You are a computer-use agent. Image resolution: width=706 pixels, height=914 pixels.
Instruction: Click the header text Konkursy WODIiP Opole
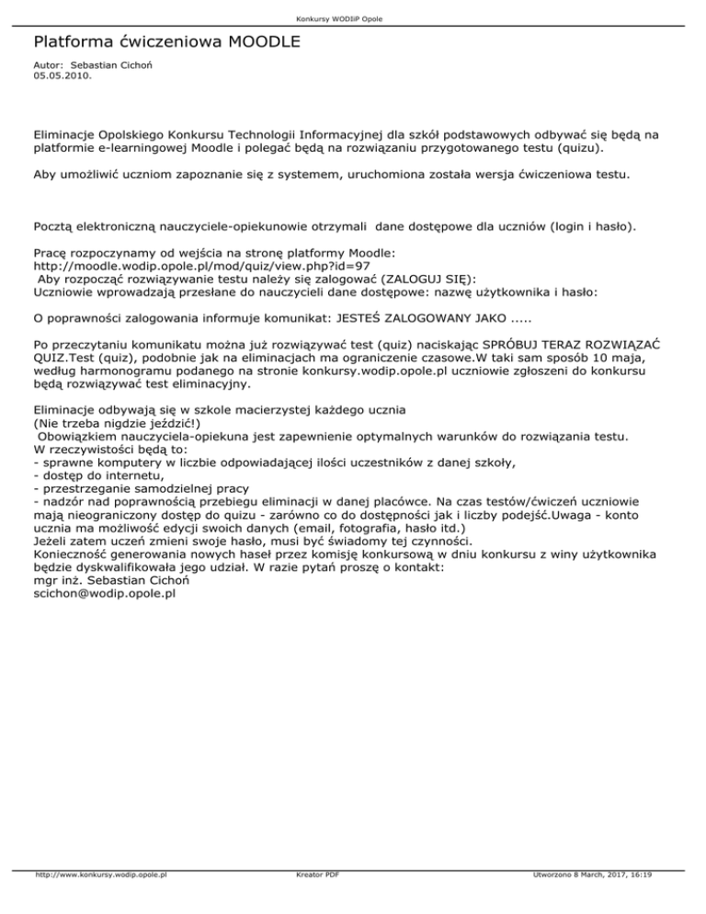(352, 18)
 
